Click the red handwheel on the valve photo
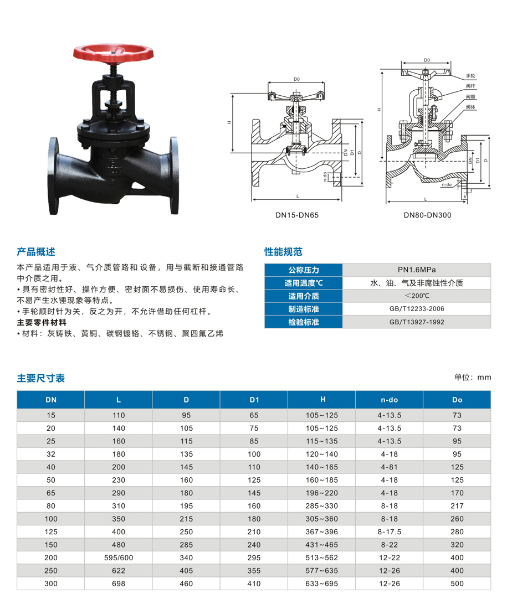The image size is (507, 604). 114,54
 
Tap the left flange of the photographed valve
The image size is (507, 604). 54,176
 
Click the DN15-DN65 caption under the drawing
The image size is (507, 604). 297,215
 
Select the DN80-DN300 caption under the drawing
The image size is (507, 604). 427,215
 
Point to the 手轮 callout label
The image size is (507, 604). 470,76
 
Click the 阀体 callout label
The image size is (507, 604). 470,107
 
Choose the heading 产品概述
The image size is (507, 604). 36,252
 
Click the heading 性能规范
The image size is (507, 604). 283,252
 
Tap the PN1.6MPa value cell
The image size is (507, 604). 417,270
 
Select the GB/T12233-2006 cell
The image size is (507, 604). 417,309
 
